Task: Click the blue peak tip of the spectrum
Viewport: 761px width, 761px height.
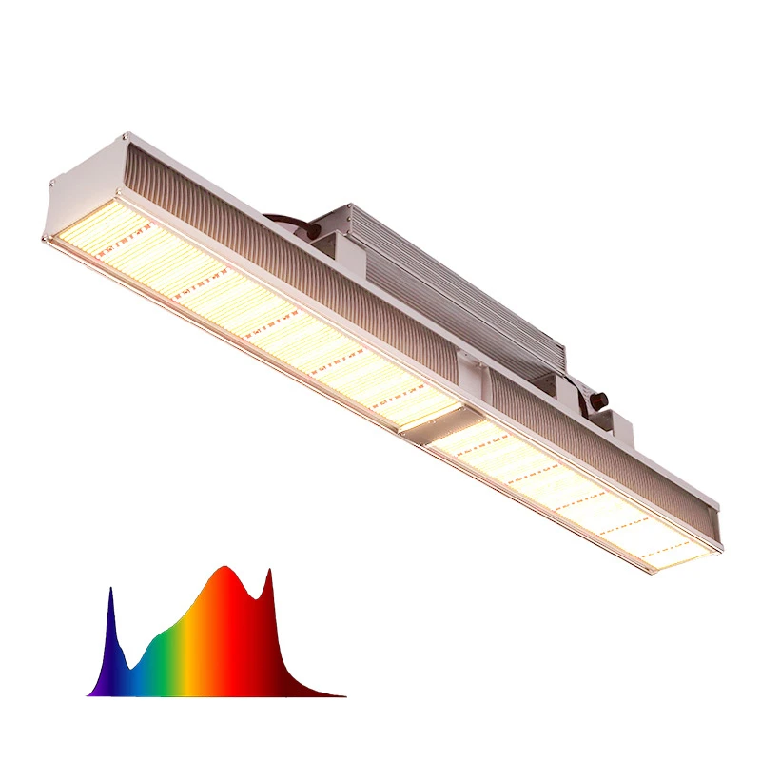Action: pos(110,590)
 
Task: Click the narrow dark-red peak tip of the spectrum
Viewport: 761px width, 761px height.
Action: pos(269,571)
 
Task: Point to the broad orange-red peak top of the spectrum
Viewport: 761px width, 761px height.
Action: pos(224,568)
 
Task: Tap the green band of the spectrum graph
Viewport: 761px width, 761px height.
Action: pos(162,656)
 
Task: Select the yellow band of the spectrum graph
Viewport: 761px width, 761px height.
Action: pos(190,647)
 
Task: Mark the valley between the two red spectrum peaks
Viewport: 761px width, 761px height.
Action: pos(254,597)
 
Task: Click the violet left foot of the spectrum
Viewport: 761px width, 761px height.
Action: pos(93,691)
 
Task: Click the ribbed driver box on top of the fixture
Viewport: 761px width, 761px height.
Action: pos(447,276)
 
